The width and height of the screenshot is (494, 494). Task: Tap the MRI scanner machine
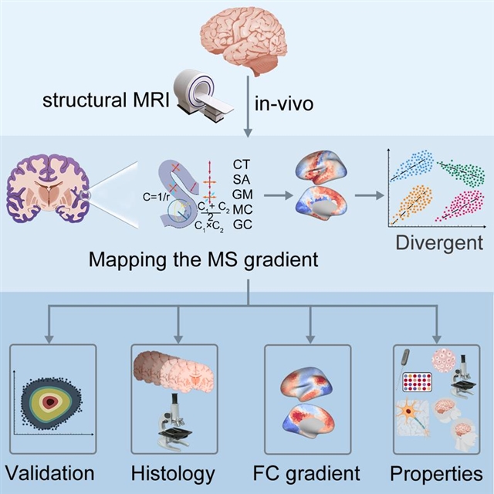202,93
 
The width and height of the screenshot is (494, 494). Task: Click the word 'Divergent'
439,244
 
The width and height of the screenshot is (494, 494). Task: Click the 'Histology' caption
173,472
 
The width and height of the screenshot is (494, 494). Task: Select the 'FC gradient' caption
309,472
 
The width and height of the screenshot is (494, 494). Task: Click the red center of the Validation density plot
51,401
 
